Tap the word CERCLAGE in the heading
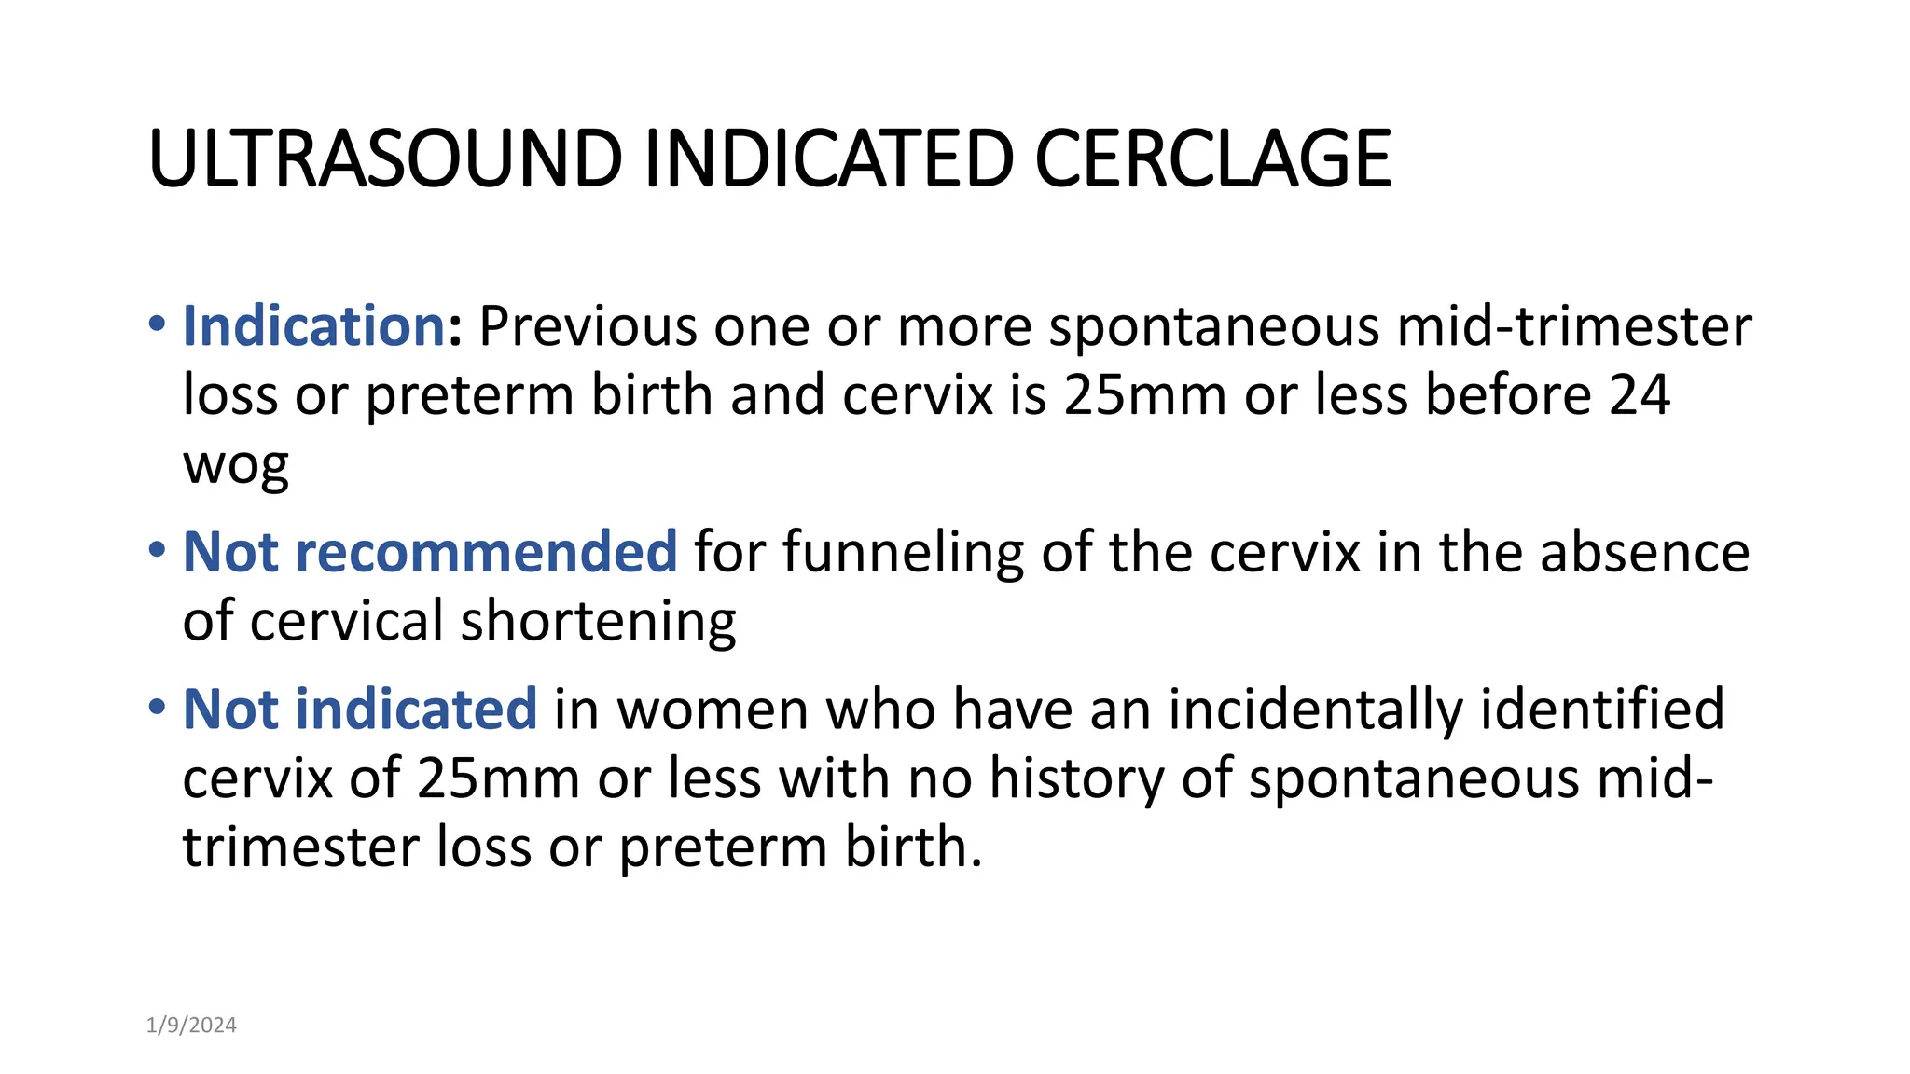click(x=1212, y=158)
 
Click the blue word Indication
click(x=314, y=326)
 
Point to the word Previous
click(x=588, y=326)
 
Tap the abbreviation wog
click(x=236, y=463)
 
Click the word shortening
click(x=598, y=621)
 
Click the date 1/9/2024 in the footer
click(x=191, y=1026)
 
